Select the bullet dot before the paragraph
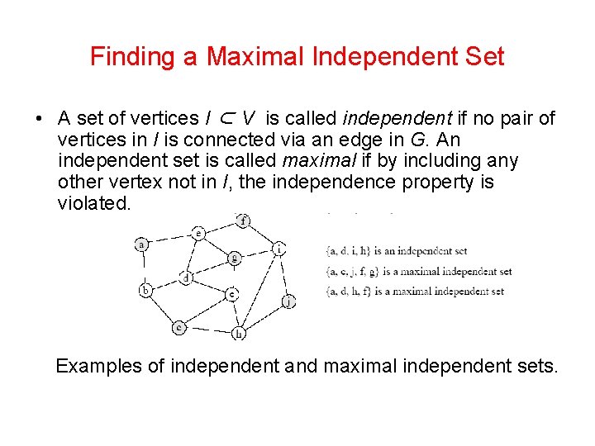tap(39, 119)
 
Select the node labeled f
tap(242, 221)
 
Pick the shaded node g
tap(235, 258)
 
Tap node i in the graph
tap(279, 248)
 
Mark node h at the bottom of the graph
tap(239, 333)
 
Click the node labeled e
tap(198, 233)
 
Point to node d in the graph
tap(187, 278)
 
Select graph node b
tap(146, 290)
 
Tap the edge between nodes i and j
tap(283, 274)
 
